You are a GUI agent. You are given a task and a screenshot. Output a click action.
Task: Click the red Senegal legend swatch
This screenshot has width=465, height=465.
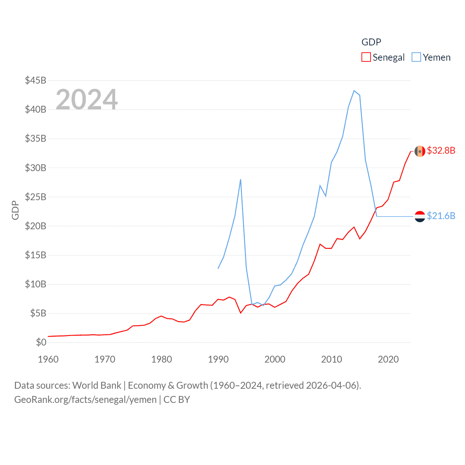pyautogui.click(x=366, y=57)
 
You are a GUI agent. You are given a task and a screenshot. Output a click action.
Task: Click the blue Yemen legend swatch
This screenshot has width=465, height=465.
pyautogui.click(x=416, y=57)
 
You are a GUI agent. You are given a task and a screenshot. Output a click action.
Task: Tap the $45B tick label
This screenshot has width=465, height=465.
pyautogui.click(x=36, y=80)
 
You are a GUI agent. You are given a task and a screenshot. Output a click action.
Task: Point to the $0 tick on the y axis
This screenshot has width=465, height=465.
pyautogui.click(x=41, y=342)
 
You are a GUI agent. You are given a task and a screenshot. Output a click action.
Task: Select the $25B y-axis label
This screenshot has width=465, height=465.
pyautogui.click(x=36, y=197)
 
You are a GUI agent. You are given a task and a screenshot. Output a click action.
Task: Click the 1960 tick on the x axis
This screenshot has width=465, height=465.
pyautogui.click(x=48, y=359)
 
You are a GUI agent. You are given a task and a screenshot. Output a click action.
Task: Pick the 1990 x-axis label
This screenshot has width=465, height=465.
pyautogui.click(x=218, y=359)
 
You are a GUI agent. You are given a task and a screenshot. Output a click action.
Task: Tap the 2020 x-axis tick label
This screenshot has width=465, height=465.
pyautogui.click(x=388, y=359)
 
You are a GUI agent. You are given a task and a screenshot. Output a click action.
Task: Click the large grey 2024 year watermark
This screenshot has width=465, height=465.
pyautogui.click(x=87, y=99)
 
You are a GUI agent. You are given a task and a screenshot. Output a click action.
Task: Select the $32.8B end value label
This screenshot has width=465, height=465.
pyautogui.click(x=441, y=150)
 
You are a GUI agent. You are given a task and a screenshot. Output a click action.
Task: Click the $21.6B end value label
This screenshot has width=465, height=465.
pyautogui.click(x=441, y=216)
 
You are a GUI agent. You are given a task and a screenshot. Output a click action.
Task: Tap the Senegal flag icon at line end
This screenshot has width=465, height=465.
pyautogui.click(x=420, y=151)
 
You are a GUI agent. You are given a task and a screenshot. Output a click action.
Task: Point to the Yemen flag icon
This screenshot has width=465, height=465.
pyautogui.click(x=420, y=217)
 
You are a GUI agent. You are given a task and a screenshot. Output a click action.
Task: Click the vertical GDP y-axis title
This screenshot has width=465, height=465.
pyautogui.click(x=15, y=210)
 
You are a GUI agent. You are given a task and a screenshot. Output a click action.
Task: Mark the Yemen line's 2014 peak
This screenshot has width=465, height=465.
pyautogui.click(x=354, y=91)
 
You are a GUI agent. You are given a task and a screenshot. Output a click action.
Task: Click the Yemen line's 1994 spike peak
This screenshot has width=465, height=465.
pyautogui.click(x=240, y=179)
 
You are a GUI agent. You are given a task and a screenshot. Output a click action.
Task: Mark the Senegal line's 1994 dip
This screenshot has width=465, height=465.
pyautogui.click(x=240, y=313)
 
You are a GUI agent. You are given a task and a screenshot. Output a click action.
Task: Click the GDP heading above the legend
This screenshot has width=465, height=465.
pyautogui.click(x=371, y=42)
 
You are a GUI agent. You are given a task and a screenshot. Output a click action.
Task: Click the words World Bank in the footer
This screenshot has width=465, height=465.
pyautogui.click(x=97, y=385)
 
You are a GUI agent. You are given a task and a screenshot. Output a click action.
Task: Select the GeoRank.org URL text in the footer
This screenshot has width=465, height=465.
pyautogui.click(x=85, y=400)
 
